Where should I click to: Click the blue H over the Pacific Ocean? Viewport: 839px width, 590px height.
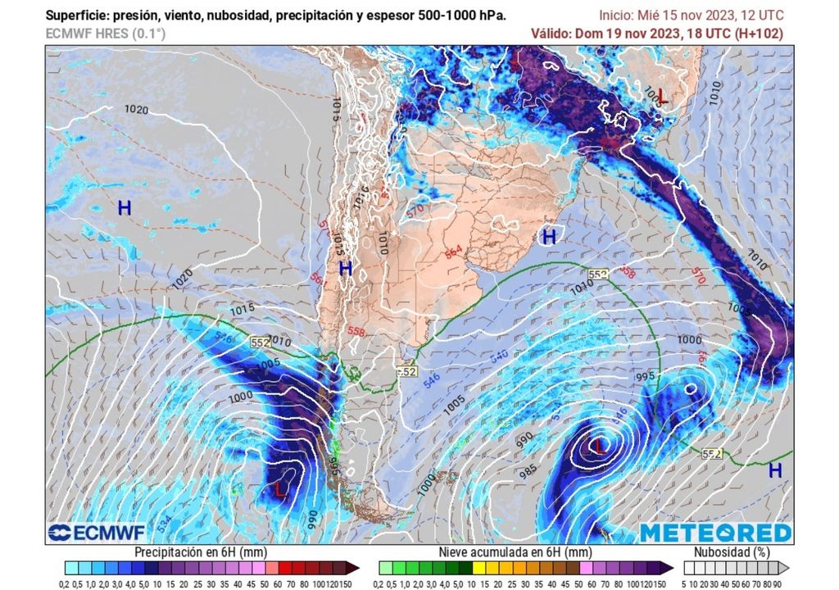click(x=125, y=208)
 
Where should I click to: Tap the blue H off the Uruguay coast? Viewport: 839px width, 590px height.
click(x=549, y=238)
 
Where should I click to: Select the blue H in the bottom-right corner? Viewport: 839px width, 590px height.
click(x=774, y=470)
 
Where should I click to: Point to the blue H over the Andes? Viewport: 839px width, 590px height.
click(x=346, y=268)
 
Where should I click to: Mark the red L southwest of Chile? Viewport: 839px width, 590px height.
click(x=280, y=490)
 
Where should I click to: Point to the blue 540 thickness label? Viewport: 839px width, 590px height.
click(x=498, y=356)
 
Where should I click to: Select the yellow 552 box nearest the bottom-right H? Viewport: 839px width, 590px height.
click(x=711, y=453)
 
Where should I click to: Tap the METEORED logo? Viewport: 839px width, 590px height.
click(x=715, y=533)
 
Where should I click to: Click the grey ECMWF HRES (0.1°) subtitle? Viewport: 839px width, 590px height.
click(x=105, y=34)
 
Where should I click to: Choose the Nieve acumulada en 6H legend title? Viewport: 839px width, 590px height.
click(x=515, y=552)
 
